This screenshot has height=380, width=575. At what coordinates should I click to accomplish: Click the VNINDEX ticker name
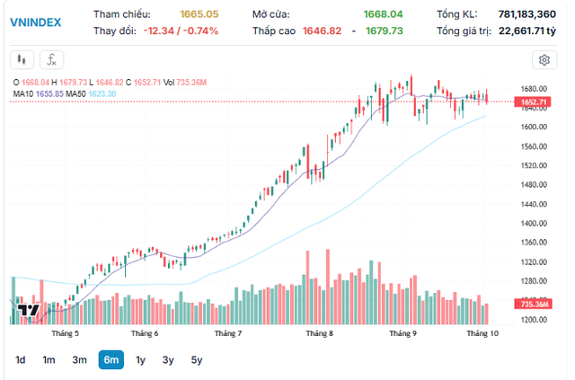(x=36, y=22)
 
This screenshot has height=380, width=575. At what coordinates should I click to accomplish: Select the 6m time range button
(x=111, y=360)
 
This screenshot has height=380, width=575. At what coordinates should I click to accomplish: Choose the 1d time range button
(x=20, y=360)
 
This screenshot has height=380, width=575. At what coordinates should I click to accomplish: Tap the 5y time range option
(x=197, y=360)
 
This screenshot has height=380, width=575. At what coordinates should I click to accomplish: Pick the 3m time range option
(x=79, y=360)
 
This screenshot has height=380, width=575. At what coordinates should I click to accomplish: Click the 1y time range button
(x=140, y=360)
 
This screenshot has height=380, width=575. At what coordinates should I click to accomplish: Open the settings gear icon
(x=544, y=60)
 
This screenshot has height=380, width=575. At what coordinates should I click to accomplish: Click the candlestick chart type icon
(x=22, y=60)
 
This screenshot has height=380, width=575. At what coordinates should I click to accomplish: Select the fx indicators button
(x=52, y=60)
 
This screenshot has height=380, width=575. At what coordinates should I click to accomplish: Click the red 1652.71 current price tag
(x=534, y=102)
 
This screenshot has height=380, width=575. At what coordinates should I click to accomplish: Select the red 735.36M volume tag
(x=535, y=305)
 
